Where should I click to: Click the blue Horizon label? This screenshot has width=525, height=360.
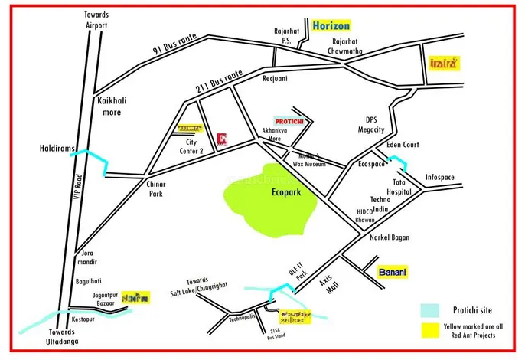click(331, 25)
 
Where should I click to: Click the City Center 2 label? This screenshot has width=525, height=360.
click(191, 146)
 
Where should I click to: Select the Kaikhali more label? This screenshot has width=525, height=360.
click(112, 106)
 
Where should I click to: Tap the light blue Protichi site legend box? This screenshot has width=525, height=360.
click(430, 310)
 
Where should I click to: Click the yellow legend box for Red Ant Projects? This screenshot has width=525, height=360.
click(430, 330)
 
